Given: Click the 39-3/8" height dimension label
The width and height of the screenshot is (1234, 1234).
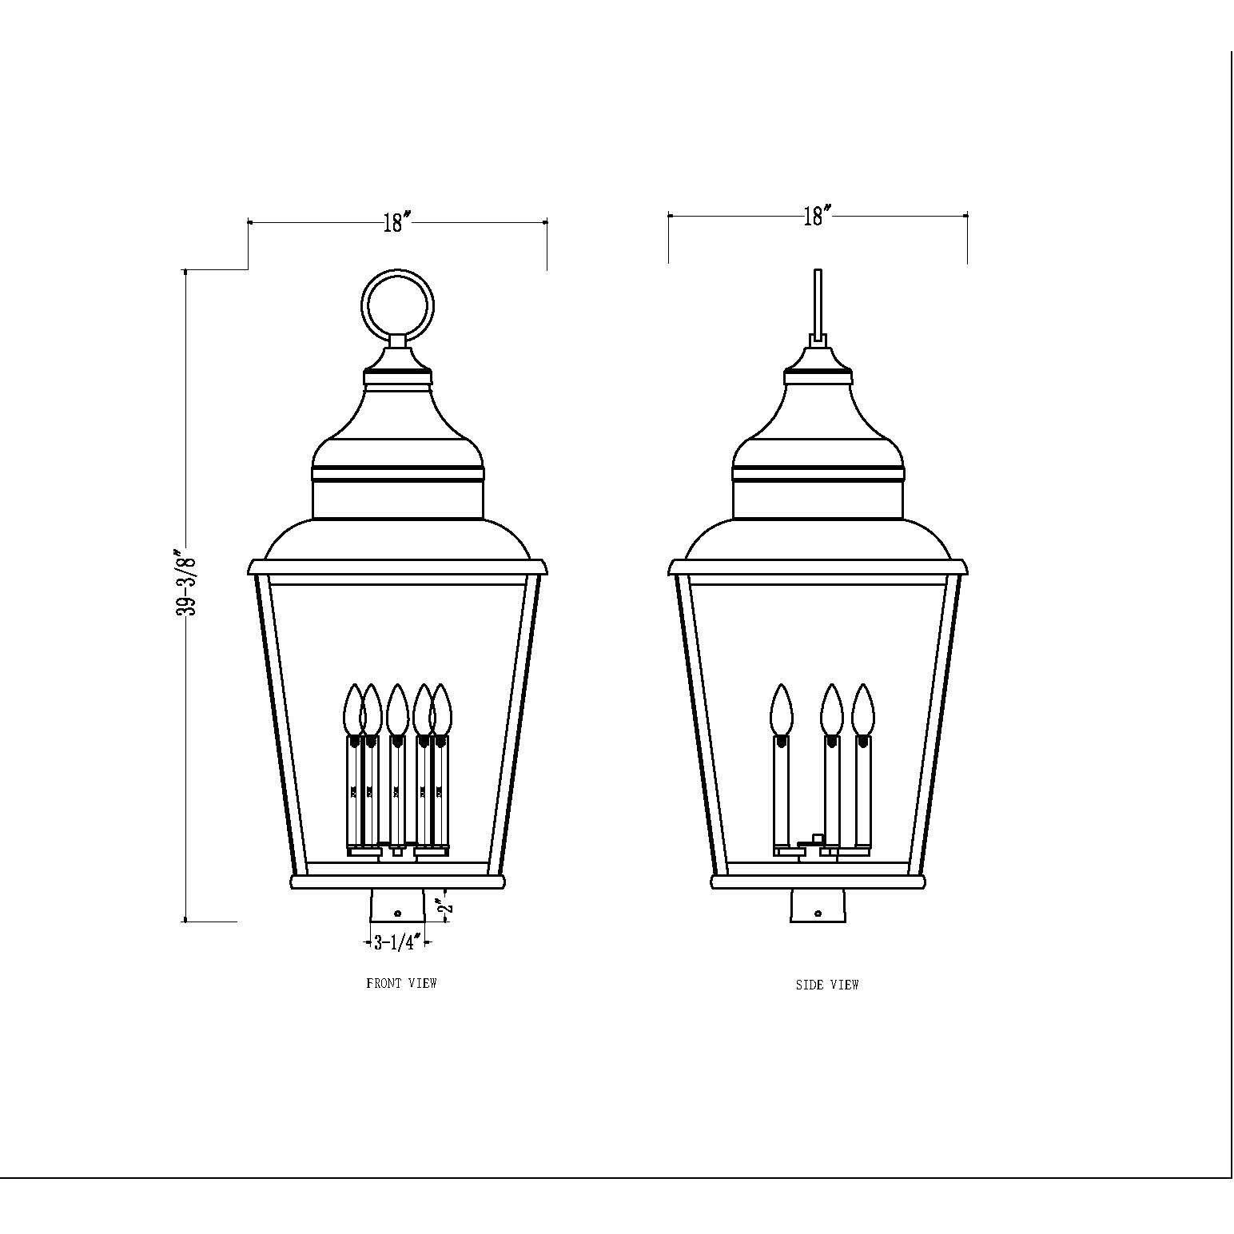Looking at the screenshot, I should click(186, 582).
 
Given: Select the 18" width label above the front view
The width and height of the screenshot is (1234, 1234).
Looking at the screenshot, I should click(396, 221).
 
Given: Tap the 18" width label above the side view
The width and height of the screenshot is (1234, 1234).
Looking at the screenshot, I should click(817, 216).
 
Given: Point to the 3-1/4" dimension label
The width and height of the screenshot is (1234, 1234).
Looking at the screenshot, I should click(397, 943).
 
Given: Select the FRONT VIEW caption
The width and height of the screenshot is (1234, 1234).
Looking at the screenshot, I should click(401, 983).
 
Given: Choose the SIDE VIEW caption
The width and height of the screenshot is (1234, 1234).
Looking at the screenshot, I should click(826, 985).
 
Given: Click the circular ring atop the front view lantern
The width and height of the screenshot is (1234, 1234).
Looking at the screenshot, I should click(398, 307).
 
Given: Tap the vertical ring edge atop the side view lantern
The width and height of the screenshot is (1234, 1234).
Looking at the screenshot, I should click(817, 304).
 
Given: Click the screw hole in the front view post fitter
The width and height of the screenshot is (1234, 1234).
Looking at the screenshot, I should click(397, 913).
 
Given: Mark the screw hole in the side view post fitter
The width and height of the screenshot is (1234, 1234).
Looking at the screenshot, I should click(818, 913).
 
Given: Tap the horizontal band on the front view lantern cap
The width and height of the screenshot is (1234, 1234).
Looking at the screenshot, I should click(398, 474).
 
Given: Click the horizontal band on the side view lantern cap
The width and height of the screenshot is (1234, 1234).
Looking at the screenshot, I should click(818, 474).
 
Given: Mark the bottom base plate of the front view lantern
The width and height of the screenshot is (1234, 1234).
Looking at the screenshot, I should click(397, 882).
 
